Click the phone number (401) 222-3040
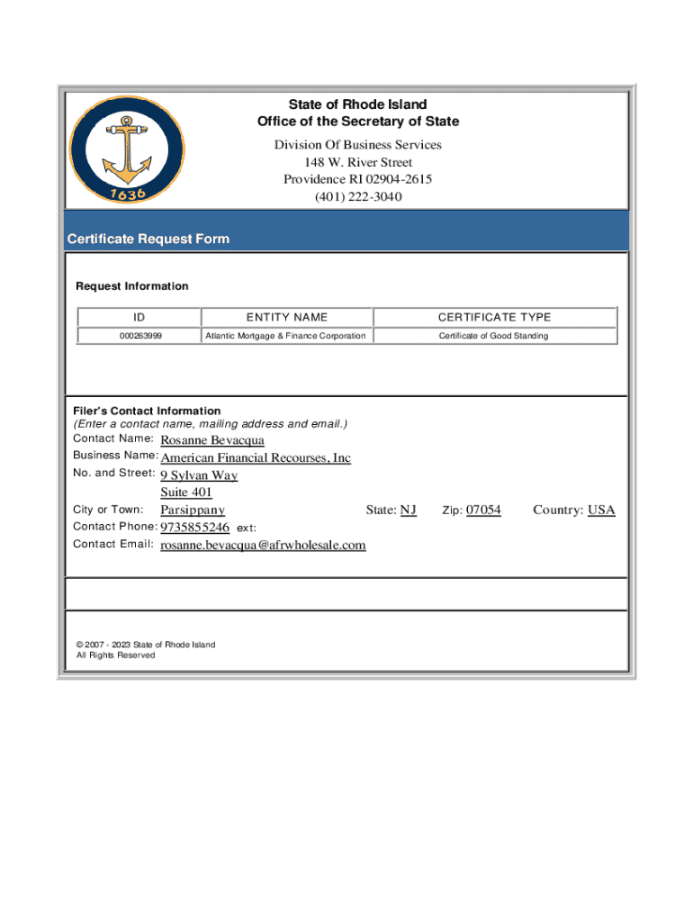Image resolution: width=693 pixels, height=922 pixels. pyautogui.click(x=358, y=196)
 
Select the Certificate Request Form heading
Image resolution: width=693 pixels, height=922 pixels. pyautogui.click(x=148, y=239)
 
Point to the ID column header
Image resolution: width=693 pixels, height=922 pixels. pyautogui.click(x=139, y=317)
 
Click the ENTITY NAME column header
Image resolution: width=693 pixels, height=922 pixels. pyautogui.click(x=286, y=317)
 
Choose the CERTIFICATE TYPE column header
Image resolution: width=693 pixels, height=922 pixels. pyautogui.click(x=494, y=317)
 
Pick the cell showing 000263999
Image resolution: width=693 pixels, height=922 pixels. pyautogui.click(x=139, y=336)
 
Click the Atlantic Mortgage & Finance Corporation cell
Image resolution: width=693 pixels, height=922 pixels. pyautogui.click(x=285, y=336)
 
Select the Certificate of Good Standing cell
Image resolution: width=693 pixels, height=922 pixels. pyautogui.click(x=493, y=336)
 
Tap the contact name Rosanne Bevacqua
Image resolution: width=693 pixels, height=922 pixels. pyautogui.click(x=212, y=440)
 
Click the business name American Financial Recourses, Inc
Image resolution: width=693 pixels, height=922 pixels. pyautogui.click(x=256, y=458)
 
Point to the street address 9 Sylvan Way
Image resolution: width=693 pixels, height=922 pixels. pyautogui.click(x=199, y=475)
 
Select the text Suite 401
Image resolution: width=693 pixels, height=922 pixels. pyautogui.click(x=186, y=493)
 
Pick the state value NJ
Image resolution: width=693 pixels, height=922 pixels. pyautogui.click(x=408, y=511)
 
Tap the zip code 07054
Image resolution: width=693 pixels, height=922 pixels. pyautogui.click(x=483, y=511)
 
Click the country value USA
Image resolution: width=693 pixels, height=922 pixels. pyautogui.click(x=601, y=511)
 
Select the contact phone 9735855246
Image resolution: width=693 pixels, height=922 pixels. pyautogui.click(x=194, y=528)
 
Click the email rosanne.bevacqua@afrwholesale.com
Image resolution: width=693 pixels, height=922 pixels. pyautogui.click(x=263, y=545)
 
